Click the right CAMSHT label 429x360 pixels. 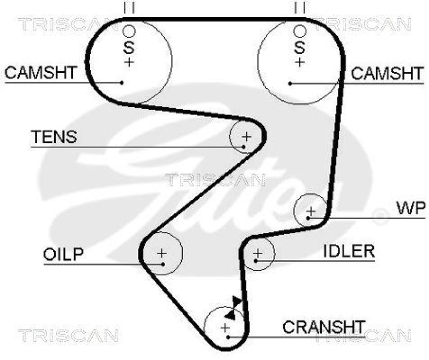[387, 73]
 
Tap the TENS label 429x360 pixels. [54, 137]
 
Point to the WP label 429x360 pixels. [410, 208]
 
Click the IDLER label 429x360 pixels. [349, 251]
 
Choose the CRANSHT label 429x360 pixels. [324, 326]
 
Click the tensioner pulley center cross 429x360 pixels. [246, 136]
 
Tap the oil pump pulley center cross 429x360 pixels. [162, 252]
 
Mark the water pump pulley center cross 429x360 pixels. [310, 212]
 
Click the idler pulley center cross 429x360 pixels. [257, 252]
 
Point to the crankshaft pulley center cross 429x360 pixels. [225, 327]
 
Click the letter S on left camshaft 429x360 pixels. [129, 47]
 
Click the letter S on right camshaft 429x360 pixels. [299, 47]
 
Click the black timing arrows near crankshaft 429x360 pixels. [234, 306]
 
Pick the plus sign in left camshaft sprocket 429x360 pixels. [129, 62]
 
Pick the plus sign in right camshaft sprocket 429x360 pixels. [299, 62]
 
